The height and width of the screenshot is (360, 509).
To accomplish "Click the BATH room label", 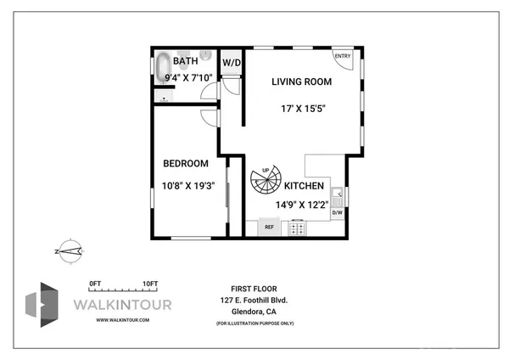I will coord(186,62).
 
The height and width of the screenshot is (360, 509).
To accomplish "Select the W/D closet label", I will coord(232,63).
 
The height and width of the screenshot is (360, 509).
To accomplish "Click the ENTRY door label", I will coord(342,57).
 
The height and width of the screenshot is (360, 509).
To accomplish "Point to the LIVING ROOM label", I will coord(301,82).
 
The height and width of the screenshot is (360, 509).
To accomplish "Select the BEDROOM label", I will coord(186,163).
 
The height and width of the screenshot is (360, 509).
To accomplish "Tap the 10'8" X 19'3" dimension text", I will coord(188,185).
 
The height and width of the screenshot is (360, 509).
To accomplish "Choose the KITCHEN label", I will coord(304,185).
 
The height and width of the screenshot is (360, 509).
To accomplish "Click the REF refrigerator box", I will coord(270,227).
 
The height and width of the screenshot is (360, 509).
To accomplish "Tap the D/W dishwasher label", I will coord(337,212).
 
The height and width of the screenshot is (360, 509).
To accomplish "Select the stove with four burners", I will coord(298,227).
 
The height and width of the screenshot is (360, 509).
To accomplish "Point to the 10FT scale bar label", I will coord(150,283).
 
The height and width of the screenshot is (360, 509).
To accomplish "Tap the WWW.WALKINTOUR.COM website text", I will coord(123,319).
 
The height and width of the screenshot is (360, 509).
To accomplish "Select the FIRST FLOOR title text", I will coord(253,289).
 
